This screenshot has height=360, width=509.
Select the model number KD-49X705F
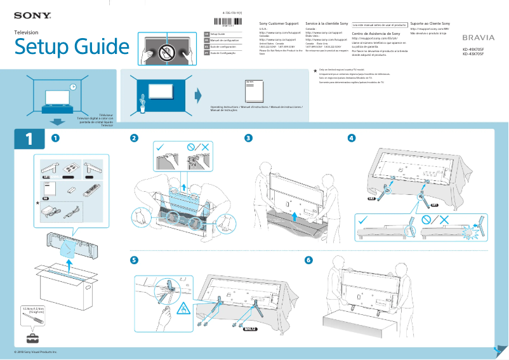coord(477,48)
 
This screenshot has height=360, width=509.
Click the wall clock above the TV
coord(73,87)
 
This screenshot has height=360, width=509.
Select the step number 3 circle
coord(249,138)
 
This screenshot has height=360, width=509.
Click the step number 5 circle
coord(134,260)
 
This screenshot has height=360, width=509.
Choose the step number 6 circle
coord(308,260)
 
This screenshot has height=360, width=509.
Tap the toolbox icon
coord(30,337)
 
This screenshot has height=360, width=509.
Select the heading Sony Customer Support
coord(279,23)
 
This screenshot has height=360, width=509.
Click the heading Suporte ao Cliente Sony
coord(435,23)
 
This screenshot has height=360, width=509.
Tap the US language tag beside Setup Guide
coord(206,34)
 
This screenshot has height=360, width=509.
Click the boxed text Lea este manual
coord(379,25)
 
